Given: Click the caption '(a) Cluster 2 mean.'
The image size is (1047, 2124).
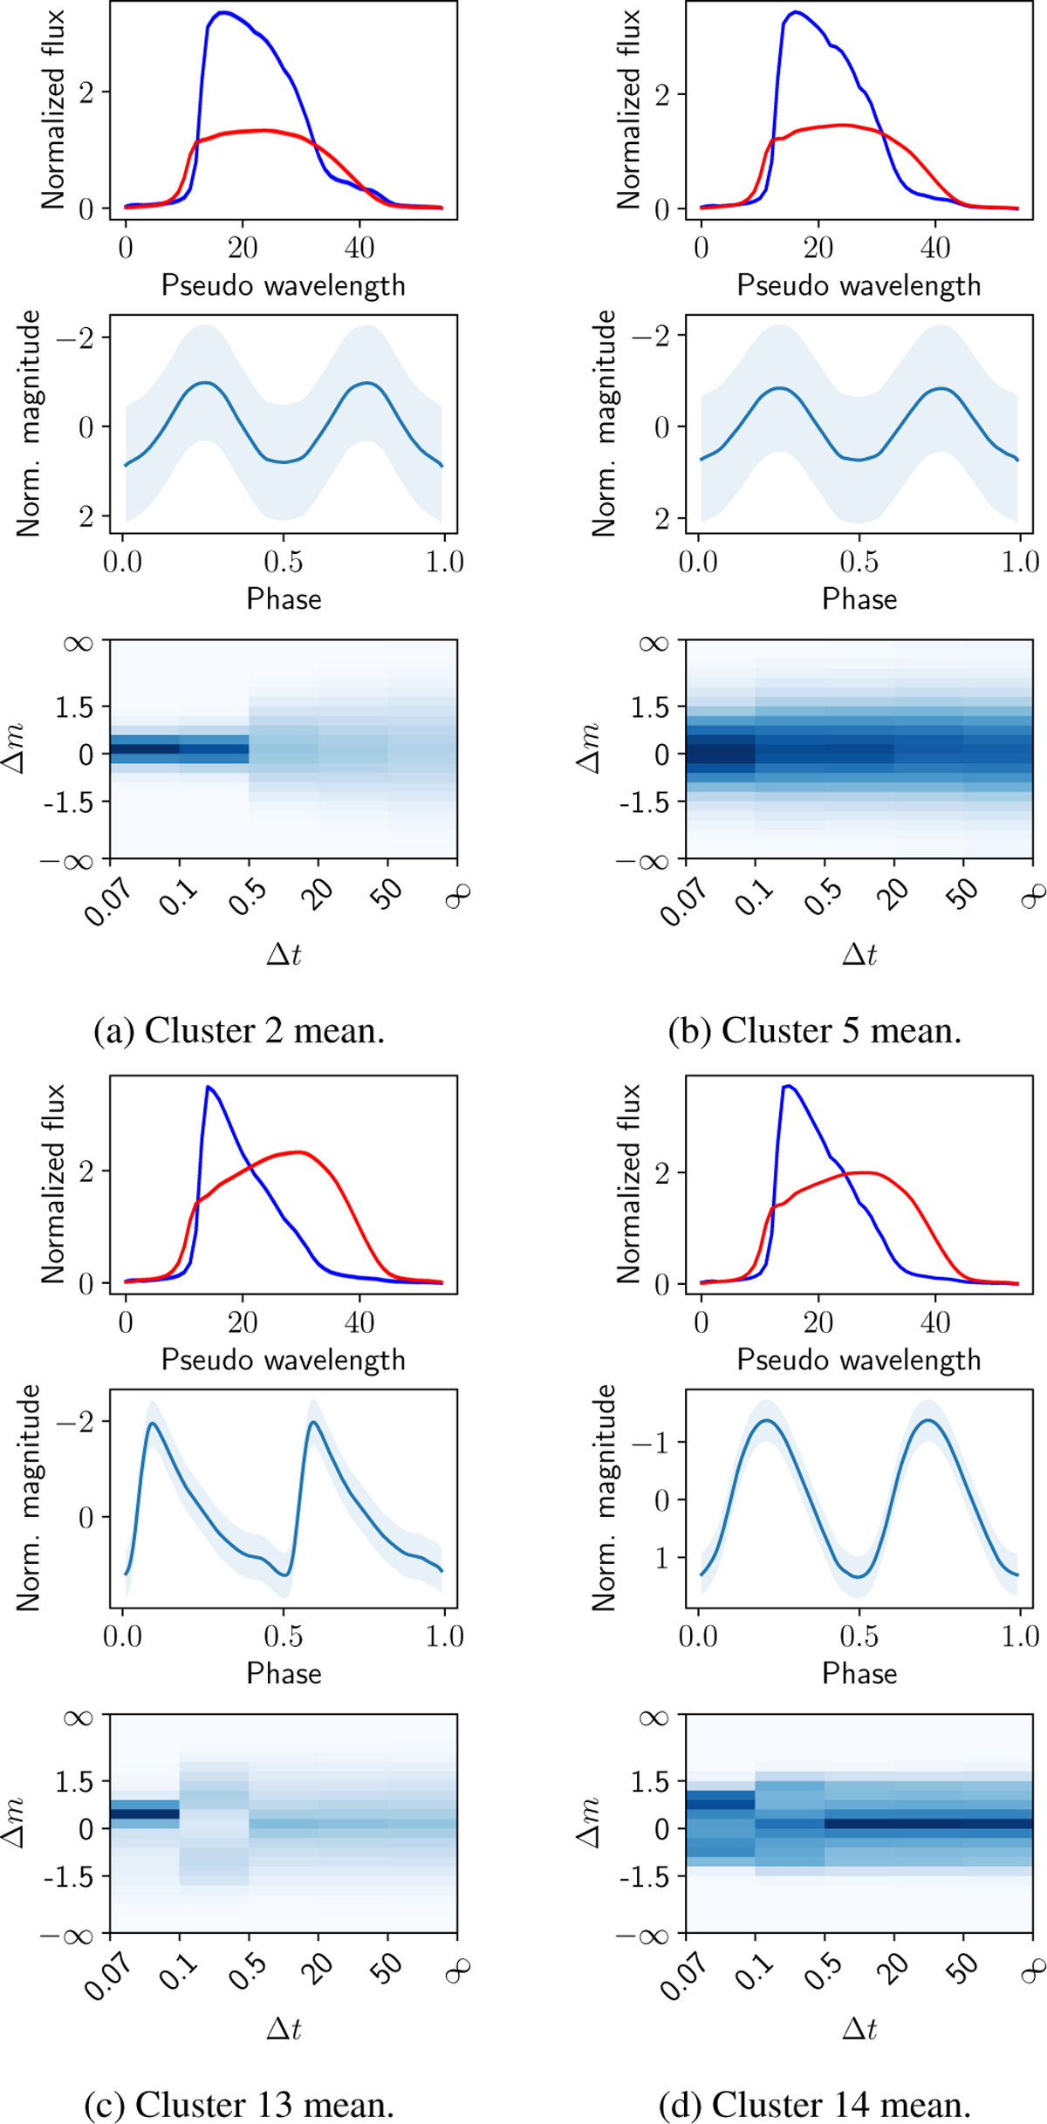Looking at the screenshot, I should click(239, 1031).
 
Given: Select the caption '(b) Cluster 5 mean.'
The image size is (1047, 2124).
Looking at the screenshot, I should click(815, 1031).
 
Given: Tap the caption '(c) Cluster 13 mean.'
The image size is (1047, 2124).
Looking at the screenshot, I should click(239, 2105).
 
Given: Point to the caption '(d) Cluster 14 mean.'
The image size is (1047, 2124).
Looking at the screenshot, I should click(815, 2105).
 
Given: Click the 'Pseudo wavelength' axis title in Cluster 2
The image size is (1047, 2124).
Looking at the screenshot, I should click(284, 285).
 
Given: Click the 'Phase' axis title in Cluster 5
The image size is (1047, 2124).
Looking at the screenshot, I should click(859, 599).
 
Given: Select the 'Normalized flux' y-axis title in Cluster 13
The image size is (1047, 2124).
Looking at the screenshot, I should click(53, 1184).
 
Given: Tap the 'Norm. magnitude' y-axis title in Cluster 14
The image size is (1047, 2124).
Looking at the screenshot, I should click(604, 1498).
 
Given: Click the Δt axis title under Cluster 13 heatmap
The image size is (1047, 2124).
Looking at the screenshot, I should click(284, 2029).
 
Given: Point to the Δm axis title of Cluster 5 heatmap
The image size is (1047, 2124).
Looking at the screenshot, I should click(589, 748).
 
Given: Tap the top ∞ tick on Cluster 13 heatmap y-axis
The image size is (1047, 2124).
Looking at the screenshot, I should click(78, 1718).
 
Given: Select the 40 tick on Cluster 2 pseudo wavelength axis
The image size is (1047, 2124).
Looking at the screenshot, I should click(359, 249).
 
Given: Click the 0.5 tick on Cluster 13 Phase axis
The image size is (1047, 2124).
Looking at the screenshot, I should click(284, 1636).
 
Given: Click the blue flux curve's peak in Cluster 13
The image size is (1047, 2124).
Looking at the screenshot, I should click(208, 1087).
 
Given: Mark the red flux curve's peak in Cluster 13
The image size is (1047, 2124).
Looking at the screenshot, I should click(300, 1152).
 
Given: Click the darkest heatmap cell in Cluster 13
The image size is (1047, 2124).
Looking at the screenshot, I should click(145, 1813).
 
